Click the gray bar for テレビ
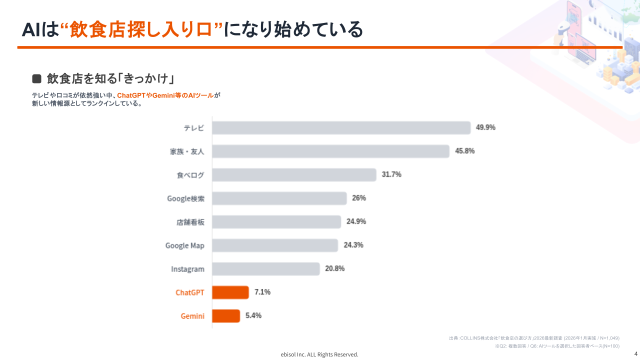coord(341,128)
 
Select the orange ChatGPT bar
coord(230,292)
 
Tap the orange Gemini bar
coord(226,316)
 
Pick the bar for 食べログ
coord(294,175)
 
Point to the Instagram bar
coord(265,269)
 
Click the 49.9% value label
coord(485,127)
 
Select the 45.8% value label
coord(464,151)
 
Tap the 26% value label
coord(359,198)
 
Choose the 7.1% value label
coord(262,292)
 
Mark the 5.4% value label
coord(253,315)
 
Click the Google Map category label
coord(185,245)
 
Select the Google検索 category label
coord(185,198)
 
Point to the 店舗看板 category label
coord(190,222)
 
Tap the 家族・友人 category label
coord(187,151)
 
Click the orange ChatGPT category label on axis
coord(190,292)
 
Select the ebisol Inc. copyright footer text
coord(319,354)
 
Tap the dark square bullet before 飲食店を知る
coord(36,78)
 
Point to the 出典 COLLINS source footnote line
coord(534,338)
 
